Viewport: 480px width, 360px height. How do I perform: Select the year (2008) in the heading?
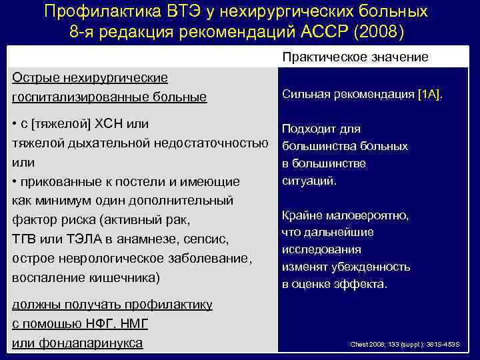(x=380, y=33)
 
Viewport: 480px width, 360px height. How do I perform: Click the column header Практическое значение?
(x=355, y=57)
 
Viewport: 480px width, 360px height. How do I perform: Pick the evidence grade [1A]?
(x=429, y=95)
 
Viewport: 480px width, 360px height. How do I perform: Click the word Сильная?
(x=306, y=95)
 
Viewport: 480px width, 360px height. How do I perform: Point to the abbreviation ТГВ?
(x=25, y=239)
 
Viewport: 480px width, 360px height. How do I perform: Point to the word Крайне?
(x=302, y=215)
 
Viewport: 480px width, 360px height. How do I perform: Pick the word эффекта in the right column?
(x=363, y=284)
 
